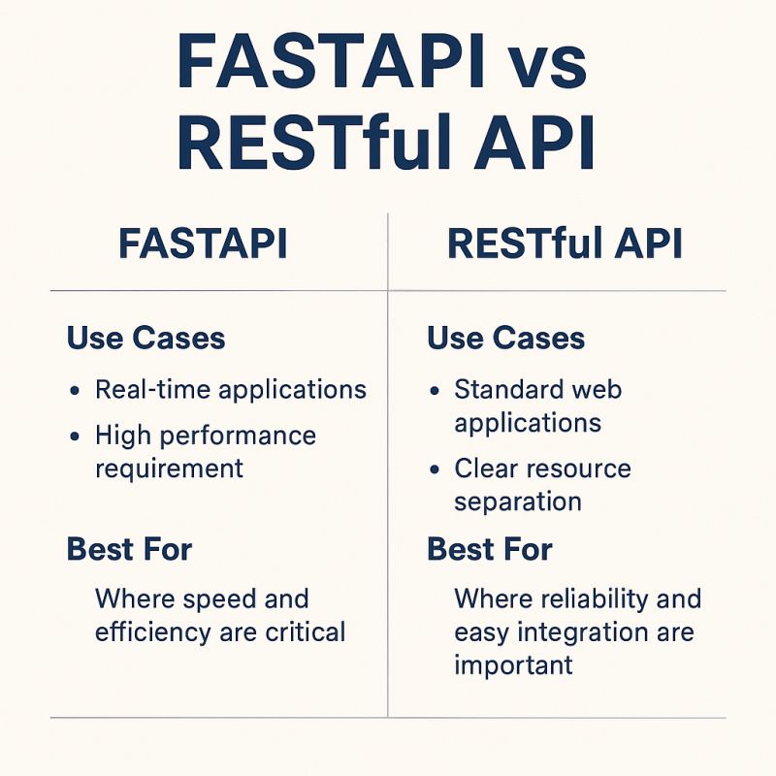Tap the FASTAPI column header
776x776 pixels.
coord(203,244)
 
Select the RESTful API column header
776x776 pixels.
coord(565,244)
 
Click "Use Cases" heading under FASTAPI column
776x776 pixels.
coord(145,339)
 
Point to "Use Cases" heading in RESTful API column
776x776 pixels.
coord(505,339)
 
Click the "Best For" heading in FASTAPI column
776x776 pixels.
coord(129,550)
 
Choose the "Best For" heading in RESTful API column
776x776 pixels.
coord(489,550)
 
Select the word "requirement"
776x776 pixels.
coord(169,469)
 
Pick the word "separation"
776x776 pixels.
coord(518,501)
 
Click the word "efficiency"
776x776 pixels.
coord(154,633)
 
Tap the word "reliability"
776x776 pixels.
coord(593,598)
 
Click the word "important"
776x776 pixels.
coord(513,665)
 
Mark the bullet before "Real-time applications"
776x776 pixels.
coord(76,391)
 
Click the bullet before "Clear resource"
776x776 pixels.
coord(436,470)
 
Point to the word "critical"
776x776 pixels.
coord(307,633)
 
